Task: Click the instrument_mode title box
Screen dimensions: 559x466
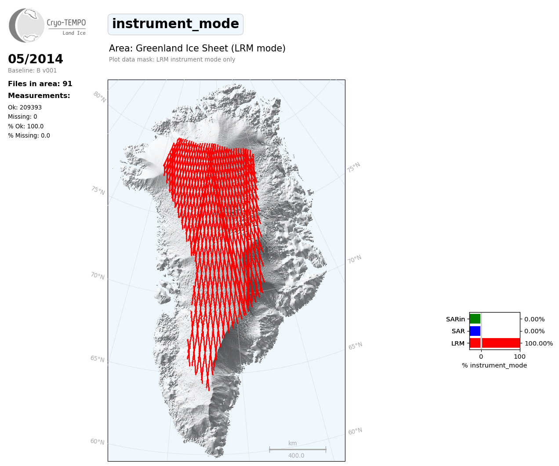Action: click(175, 24)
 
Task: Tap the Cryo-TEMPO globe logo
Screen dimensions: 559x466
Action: click(26, 25)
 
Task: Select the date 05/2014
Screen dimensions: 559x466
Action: click(35, 59)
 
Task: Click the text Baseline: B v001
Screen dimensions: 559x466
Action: click(32, 70)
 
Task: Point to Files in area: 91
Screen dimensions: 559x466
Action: click(40, 84)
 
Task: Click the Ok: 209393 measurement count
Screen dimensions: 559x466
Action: click(25, 107)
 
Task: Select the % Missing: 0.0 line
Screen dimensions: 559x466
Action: click(29, 135)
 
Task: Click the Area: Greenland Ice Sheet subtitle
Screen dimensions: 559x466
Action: click(197, 48)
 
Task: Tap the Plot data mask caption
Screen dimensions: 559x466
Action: click(172, 59)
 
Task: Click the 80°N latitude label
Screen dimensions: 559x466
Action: click(100, 97)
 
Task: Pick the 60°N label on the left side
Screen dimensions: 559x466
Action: click(97, 441)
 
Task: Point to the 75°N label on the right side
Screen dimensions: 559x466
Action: click(353, 167)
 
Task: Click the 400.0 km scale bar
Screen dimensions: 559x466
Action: click(298, 449)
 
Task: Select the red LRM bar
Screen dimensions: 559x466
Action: click(495, 343)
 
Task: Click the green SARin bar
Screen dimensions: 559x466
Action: click(475, 319)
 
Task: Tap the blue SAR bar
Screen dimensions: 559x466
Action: click(475, 331)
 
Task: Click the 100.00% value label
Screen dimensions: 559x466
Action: click(539, 343)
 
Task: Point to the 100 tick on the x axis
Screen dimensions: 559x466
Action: click(519, 357)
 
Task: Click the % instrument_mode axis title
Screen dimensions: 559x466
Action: click(494, 365)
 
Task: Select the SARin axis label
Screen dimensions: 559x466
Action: click(455, 319)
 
